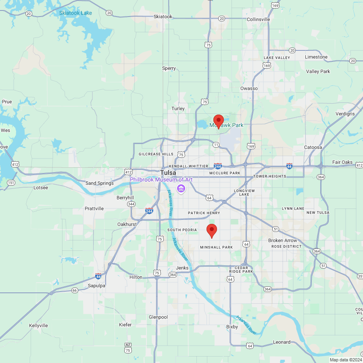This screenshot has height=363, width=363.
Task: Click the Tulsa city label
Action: [x=168, y=173]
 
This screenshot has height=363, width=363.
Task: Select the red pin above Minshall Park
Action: [x=212, y=231]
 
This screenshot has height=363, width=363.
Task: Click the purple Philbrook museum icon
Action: [x=181, y=188]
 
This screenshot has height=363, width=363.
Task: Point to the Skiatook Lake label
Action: [x=75, y=13]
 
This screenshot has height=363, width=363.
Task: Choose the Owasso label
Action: [x=249, y=88]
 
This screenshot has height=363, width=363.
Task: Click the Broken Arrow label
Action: [x=282, y=240]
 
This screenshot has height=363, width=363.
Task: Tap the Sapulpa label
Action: [x=96, y=286]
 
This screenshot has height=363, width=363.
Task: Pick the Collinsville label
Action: [x=258, y=19]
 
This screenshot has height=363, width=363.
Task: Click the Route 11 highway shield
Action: [x=216, y=144]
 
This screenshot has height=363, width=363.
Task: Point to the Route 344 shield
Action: [x=131, y=204]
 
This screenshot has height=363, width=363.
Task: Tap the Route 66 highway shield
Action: [x=75, y=290]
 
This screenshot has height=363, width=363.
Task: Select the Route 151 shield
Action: [x=11, y=183]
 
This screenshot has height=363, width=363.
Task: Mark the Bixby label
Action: [x=232, y=327]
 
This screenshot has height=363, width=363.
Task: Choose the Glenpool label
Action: [x=158, y=317]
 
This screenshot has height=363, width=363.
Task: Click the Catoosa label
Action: [x=313, y=147]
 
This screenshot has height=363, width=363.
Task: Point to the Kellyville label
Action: [x=38, y=325]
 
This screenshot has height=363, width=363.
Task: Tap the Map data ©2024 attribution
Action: [x=345, y=360]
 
